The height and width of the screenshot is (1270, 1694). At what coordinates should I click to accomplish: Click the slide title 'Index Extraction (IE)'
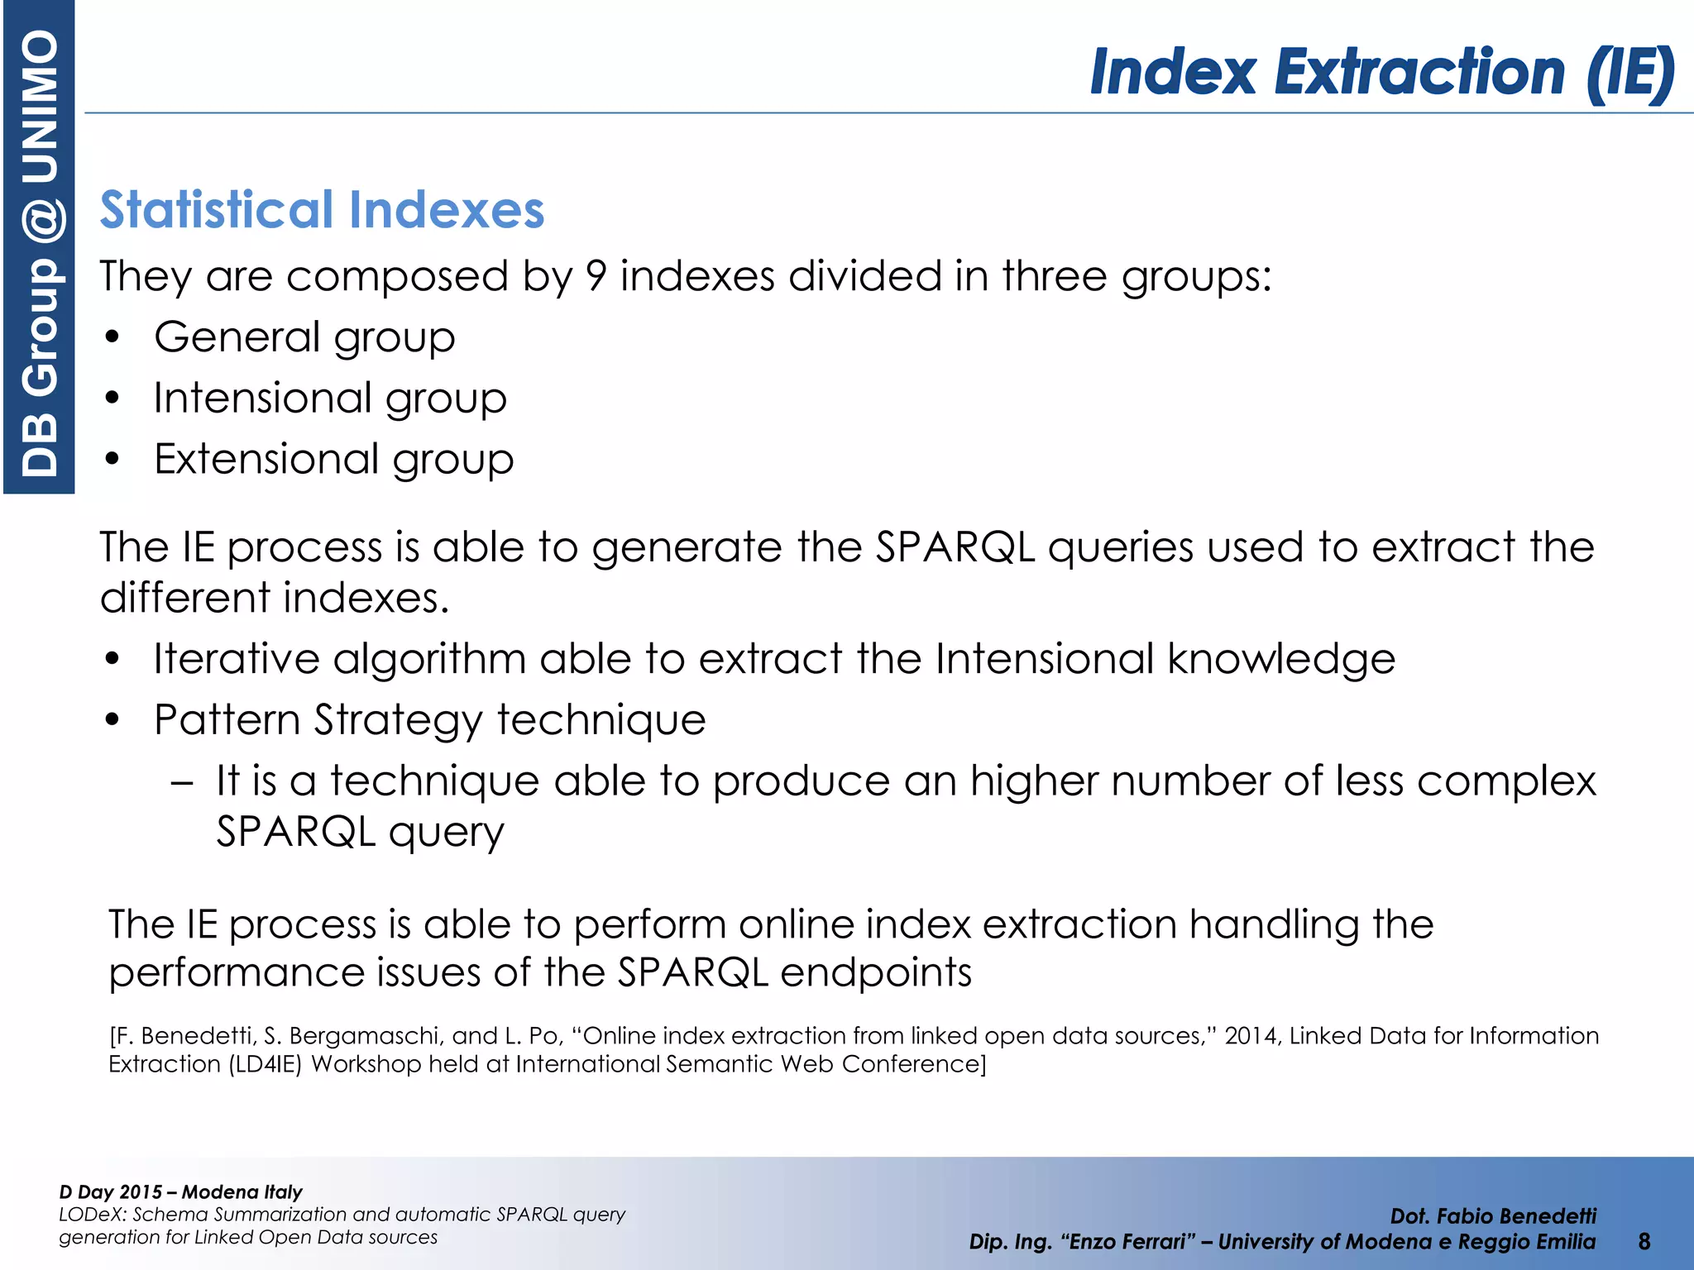(x=1381, y=73)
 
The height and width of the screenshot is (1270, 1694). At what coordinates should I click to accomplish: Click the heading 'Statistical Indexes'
(x=322, y=209)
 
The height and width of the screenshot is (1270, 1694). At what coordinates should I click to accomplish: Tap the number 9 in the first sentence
(x=596, y=276)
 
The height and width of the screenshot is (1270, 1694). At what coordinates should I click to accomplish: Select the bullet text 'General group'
(x=304, y=337)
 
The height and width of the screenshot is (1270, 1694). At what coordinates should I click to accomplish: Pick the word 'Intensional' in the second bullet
(x=262, y=398)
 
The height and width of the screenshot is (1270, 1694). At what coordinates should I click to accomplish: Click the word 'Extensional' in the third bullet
(x=266, y=459)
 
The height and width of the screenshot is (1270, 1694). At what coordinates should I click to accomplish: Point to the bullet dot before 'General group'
(x=113, y=337)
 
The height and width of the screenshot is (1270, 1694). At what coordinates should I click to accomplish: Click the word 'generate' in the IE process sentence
(x=687, y=547)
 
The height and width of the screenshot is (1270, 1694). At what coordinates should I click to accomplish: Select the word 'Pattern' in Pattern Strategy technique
(x=226, y=719)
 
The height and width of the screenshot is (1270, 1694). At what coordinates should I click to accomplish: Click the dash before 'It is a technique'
(x=182, y=781)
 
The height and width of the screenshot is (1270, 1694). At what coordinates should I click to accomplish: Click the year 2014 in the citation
(x=1251, y=1036)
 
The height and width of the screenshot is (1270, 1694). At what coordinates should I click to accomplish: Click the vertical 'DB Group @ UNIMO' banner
(x=39, y=248)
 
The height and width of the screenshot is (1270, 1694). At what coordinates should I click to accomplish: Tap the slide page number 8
(x=1644, y=1241)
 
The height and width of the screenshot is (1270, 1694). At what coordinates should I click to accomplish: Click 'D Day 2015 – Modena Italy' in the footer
(x=180, y=1191)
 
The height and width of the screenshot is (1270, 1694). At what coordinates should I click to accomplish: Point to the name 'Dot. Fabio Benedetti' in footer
(x=1493, y=1216)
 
